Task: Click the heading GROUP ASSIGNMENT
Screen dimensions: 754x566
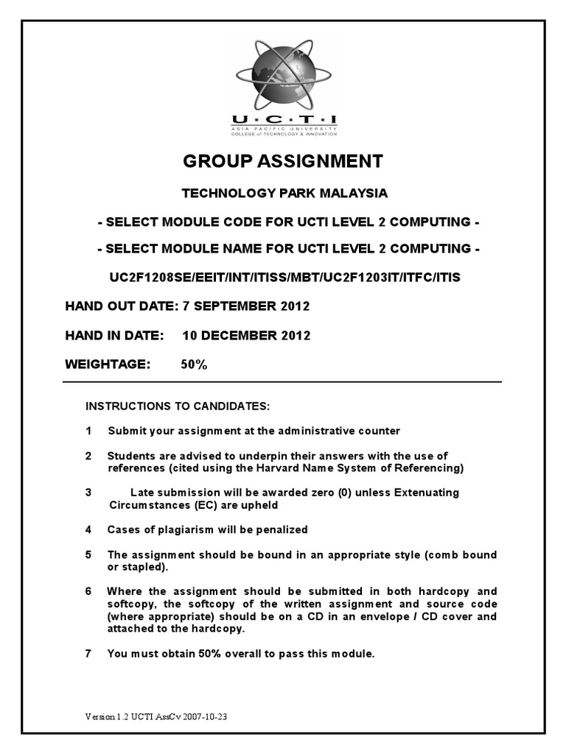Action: (283, 161)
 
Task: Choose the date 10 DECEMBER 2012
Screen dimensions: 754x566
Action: (246, 336)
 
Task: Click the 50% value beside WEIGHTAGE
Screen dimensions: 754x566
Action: (194, 364)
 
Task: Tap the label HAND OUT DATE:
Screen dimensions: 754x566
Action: (122, 306)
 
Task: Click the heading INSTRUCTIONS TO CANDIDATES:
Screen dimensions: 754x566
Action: (178, 406)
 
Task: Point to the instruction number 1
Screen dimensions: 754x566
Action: (89, 431)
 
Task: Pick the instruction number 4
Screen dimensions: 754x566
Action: (89, 529)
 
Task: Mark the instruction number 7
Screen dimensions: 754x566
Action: (89, 653)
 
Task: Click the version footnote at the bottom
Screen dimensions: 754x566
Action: (156, 716)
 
